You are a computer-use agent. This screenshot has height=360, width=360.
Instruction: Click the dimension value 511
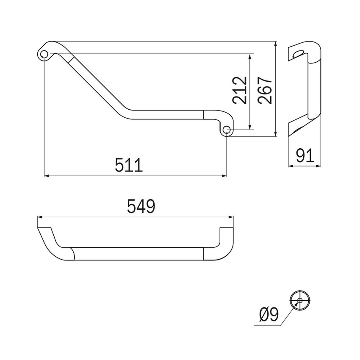pyautogui.click(x=129, y=165)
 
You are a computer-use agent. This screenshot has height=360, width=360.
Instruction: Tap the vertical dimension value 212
pyautogui.click(x=239, y=90)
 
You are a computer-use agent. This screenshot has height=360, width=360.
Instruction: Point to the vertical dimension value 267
pyautogui.click(x=264, y=90)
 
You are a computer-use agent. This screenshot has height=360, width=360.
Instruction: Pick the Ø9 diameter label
pyautogui.click(x=270, y=315)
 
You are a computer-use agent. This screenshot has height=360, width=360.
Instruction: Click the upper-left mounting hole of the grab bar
pyautogui.click(x=44, y=54)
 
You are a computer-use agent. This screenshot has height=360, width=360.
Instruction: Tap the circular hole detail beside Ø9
pyautogui.click(x=300, y=300)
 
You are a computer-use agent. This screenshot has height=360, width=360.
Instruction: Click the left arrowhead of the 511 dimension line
pyautogui.click(x=47, y=175)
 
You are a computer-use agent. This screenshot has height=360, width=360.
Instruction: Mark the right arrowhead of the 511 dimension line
pyautogui.click(x=224, y=175)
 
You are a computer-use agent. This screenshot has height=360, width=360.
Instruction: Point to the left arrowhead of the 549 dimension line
pyautogui.click(x=40, y=217)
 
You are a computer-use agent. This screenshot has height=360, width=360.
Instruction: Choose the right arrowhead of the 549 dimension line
pyautogui.click(x=231, y=217)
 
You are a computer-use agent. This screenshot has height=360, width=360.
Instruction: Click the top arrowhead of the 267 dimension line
pyautogui.click(x=276, y=44)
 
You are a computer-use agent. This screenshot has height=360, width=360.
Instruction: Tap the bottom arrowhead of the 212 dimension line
pyautogui.click(x=251, y=127)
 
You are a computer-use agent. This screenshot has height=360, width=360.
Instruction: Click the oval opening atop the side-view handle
pyautogui.click(x=299, y=53)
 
